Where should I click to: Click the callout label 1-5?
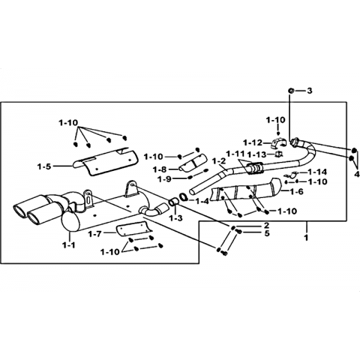point(44,166)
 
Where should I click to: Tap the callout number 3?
point(310,91)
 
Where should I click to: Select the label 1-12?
point(253,142)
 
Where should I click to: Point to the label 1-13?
point(257,154)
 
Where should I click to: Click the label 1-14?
point(317,172)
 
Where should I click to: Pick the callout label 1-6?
point(296,192)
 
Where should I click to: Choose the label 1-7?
point(94,234)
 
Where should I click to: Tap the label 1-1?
point(69,246)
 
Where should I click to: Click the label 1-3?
point(175,218)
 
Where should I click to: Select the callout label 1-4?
point(202,201)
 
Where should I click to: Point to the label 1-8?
point(160,169)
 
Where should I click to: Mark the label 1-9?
point(164,179)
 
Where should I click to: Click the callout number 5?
point(267,233)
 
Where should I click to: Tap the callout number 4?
point(357,173)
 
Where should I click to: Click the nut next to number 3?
point(291,91)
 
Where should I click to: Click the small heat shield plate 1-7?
point(133,229)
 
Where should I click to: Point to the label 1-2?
point(219,162)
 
